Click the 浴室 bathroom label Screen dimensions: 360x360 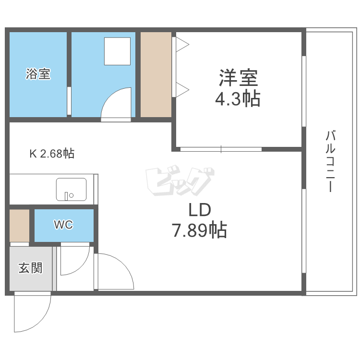pyautogui.click(x=38, y=74)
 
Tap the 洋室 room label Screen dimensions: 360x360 pyautogui.click(x=239, y=77)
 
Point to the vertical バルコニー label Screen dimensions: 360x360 pyautogui.click(x=329, y=161)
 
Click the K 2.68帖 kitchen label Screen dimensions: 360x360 pyautogui.click(x=52, y=154)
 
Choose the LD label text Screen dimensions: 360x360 pyautogui.click(x=199, y=210)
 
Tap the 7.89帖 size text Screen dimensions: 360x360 pyautogui.click(x=199, y=231)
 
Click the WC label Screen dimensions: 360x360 pyautogui.click(x=63, y=225)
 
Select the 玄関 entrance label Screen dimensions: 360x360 pyautogui.click(x=30, y=268)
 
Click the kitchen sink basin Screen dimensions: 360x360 pyautogui.click(x=71, y=189)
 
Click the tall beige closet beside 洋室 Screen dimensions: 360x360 pyautogui.click(x=156, y=74)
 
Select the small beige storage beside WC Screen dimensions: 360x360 pyautogui.click(x=19, y=225)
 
